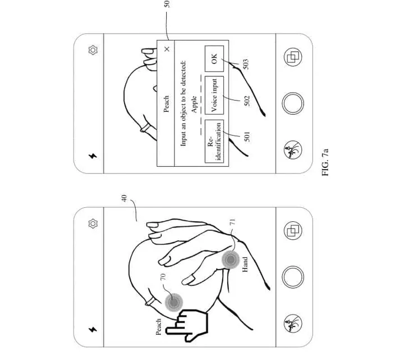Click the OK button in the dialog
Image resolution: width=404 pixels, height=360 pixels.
click(214, 58)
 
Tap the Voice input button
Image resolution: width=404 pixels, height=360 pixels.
click(214, 95)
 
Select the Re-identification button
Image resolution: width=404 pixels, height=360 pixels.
click(214, 142)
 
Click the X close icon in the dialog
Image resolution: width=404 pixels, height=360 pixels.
click(167, 49)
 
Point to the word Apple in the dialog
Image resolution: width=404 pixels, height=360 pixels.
click(194, 104)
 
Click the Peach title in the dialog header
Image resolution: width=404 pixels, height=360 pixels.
click(167, 104)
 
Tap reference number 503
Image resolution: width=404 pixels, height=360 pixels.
click(246, 64)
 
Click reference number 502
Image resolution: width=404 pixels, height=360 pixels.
click(247, 101)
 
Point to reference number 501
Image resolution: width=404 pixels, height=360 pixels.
click(247, 136)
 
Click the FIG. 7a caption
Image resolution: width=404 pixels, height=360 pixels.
click(325, 162)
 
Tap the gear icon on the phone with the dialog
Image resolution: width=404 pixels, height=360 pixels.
click(93, 50)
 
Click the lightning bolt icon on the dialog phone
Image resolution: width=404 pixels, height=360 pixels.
click(93, 156)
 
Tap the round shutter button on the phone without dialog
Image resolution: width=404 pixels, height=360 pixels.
click(293, 277)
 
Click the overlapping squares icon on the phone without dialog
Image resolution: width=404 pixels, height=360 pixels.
click(293, 230)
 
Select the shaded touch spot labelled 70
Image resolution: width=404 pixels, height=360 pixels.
click(174, 302)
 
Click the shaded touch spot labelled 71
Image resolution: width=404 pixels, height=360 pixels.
click(231, 259)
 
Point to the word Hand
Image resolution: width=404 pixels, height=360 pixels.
click(245, 264)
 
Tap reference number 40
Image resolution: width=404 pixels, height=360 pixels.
click(125, 198)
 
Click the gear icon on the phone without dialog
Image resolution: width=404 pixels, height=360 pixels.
click(93, 224)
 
